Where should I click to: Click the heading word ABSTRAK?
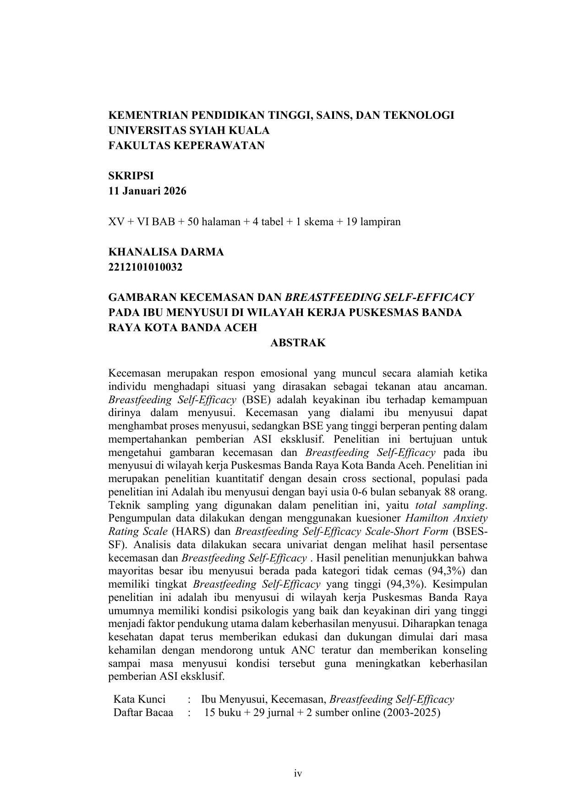tap(298, 343)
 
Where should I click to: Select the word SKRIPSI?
tap(131, 176)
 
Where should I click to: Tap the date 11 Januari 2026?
tap(147, 191)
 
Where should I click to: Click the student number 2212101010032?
tap(145, 267)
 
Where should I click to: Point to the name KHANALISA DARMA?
tap(166, 252)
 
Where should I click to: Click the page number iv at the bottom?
tap(298, 774)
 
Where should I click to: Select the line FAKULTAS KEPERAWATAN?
tap(186, 145)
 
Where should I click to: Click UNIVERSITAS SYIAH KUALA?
tap(189, 130)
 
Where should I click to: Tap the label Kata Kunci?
tap(139, 699)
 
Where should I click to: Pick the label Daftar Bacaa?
tap(143, 712)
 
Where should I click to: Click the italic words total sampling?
tap(450, 505)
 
